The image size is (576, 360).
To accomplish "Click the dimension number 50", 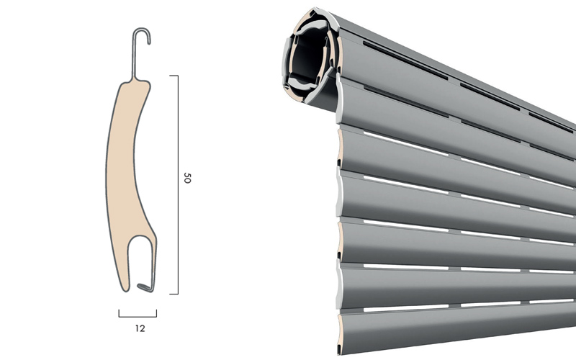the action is click(x=187, y=178).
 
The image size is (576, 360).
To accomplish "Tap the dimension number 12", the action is click(x=140, y=328).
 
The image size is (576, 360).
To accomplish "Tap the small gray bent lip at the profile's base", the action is click(x=145, y=287).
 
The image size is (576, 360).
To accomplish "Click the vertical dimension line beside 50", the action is click(x=178, y=184).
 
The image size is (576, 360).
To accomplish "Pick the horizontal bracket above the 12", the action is click(x=138, y=316).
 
